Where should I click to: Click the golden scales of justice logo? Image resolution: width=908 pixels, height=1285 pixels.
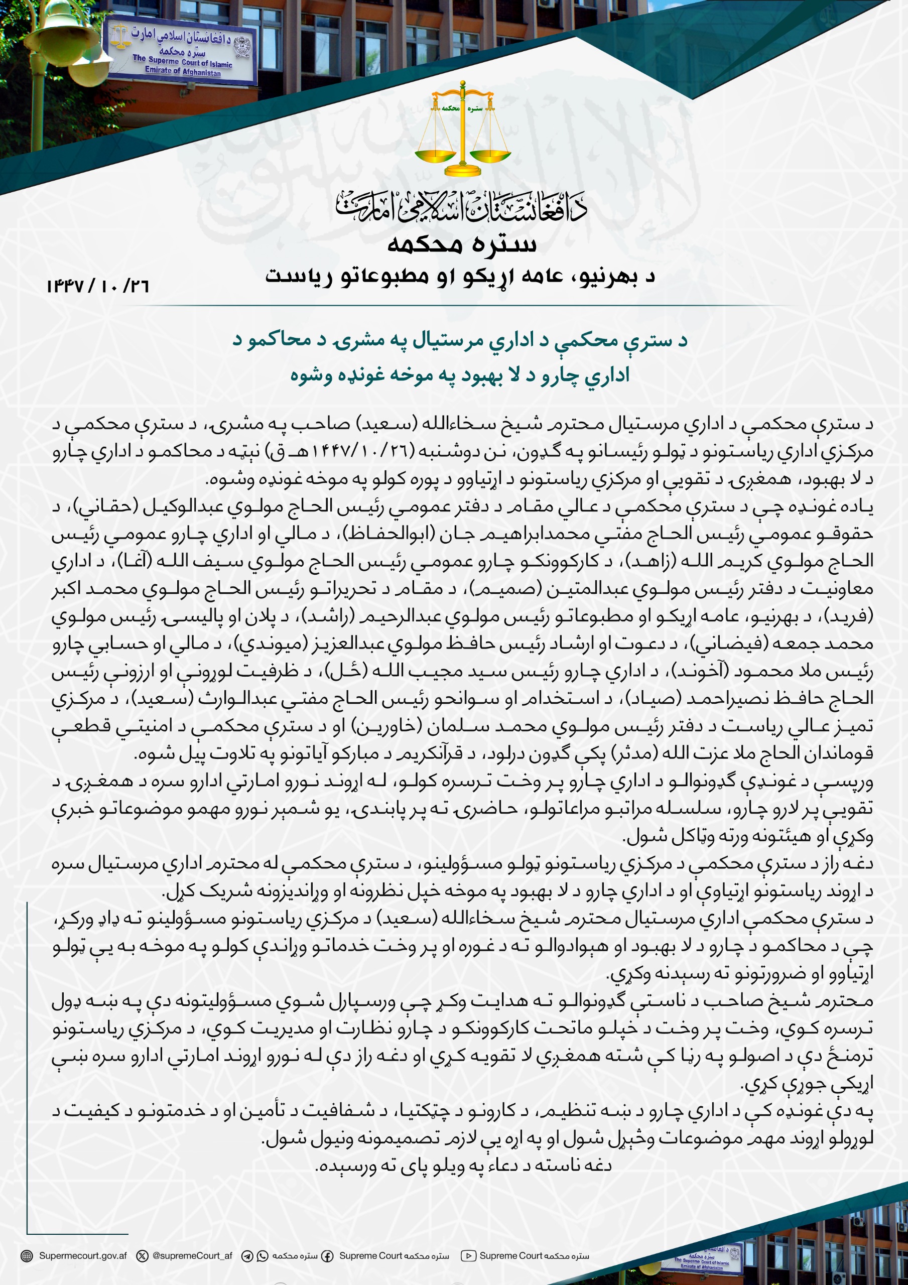[462, 130]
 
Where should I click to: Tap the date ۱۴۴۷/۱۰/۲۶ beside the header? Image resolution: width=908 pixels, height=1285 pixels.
[98, 286]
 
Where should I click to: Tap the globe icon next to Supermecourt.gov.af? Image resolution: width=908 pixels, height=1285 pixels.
[26, 1256]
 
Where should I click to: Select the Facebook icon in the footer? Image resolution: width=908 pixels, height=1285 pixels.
[327, 1256]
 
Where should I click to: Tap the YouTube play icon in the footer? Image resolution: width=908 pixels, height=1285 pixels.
[468, 1256]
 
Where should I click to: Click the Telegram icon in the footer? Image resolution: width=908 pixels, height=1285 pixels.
[247, 1256]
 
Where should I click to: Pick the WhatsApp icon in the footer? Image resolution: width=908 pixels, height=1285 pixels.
[262, 1256]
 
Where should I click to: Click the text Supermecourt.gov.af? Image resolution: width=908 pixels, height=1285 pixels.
[83, 1256]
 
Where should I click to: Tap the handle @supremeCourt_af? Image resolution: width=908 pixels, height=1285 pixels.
[192, 1256]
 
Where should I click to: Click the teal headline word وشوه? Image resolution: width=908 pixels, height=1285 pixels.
[309, 375]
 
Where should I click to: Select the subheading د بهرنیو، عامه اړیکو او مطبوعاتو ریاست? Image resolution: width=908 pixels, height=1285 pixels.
[460, 277]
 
